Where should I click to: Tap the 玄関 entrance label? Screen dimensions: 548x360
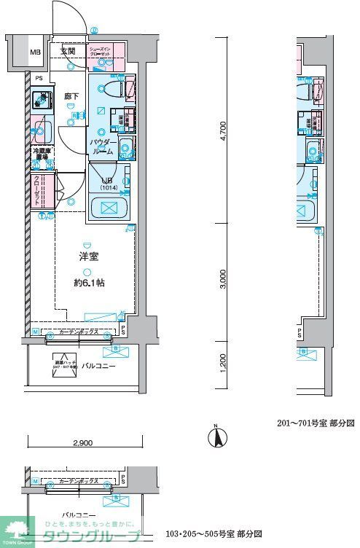pos(68,52)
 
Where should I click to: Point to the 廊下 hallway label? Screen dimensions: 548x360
pos(71,95)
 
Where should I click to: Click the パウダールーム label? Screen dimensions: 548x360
pos(101,146)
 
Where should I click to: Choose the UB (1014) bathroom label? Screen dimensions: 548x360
pos(107,183)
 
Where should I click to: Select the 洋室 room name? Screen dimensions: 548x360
pos(88,256)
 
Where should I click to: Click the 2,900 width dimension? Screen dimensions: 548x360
pos(82,443)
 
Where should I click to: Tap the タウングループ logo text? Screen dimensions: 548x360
pos(101,536)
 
